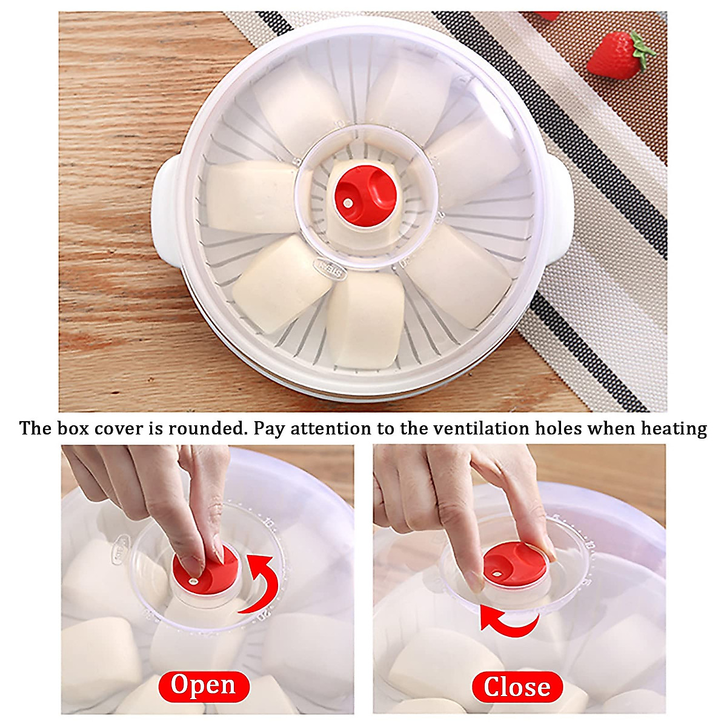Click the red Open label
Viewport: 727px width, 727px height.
[x=204, y=685]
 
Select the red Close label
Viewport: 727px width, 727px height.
[x=517, y=687]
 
